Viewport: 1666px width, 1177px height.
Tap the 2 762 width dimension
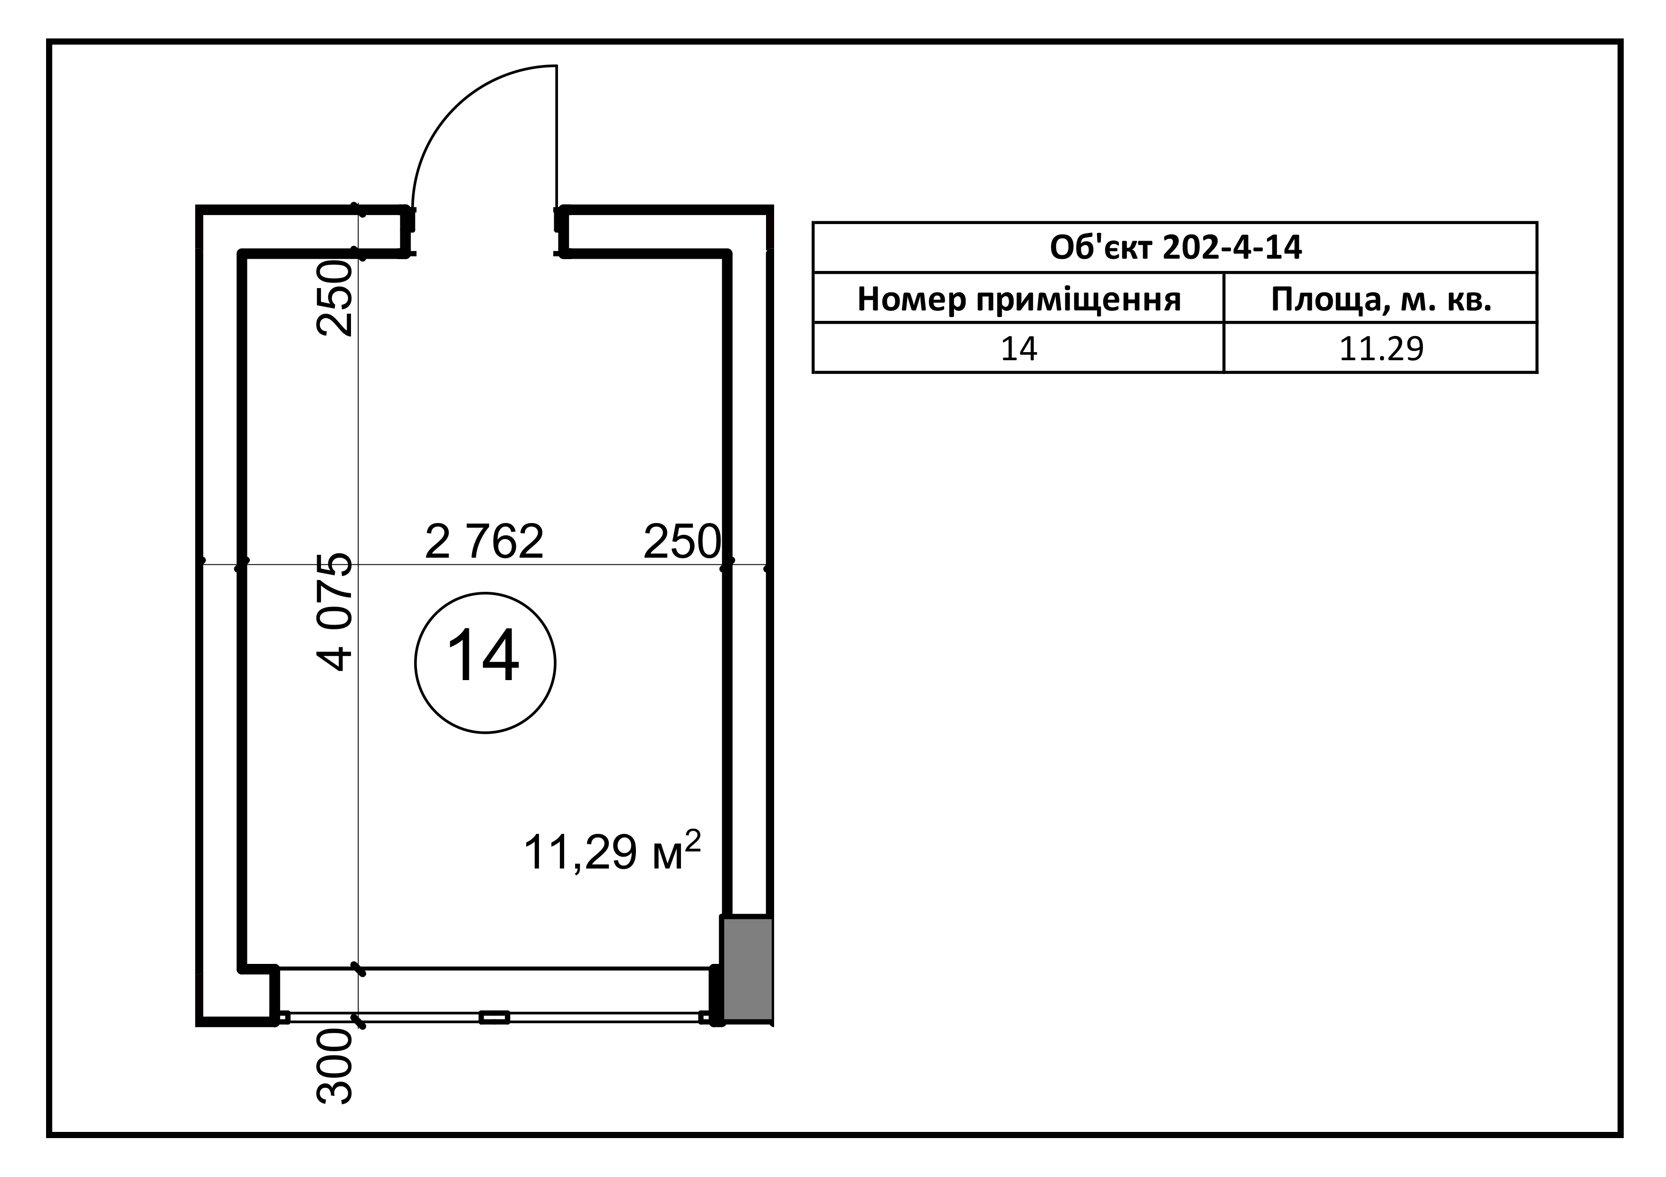pos(484,542)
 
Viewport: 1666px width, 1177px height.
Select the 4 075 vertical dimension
pos(335,612)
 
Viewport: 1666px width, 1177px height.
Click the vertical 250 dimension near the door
pos(335,298)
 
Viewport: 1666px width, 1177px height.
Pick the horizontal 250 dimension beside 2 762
pos(682,542)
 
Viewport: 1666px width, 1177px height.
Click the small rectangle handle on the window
pos(494,1018)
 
